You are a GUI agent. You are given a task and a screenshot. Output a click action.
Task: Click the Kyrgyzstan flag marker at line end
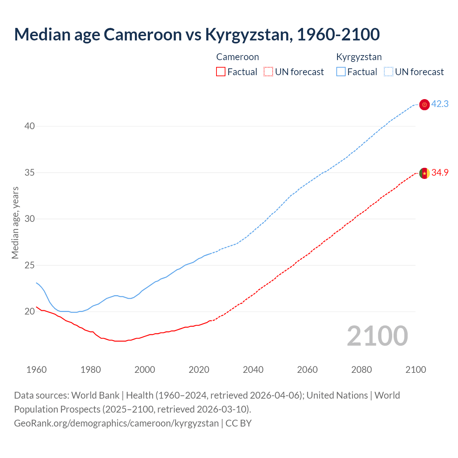point(424,104)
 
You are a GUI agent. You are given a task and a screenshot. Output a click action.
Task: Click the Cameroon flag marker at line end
point(424,173)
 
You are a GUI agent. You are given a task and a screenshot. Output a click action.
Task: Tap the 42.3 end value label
point(440,104)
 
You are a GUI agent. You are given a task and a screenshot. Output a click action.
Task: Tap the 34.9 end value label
point(440,173)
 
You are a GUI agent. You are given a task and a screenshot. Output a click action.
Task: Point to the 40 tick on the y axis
point(30,126)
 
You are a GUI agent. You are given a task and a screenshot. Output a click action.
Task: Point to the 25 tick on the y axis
point(30,265)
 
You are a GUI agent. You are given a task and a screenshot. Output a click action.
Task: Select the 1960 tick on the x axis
point(36,370)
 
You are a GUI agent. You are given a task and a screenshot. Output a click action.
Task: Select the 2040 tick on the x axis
point(253,370)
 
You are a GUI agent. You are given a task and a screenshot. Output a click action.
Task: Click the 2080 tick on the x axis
point(361,370)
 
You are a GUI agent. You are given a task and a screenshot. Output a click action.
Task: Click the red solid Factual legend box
point(221,72)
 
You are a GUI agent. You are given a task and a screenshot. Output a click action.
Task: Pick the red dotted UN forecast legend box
point(268,72)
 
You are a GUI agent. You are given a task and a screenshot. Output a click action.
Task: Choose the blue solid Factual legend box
point(341,72)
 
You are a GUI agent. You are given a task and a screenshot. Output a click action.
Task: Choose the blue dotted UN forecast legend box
point(389,72)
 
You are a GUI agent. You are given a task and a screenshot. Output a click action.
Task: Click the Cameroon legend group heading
point(238,57)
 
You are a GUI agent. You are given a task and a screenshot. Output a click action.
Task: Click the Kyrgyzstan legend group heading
point(359,57)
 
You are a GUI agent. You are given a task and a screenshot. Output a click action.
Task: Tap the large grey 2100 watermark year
point(377,336)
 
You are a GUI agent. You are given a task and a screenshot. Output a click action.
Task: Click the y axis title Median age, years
point(15,223)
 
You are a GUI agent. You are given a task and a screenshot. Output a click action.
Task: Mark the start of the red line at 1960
point(36,307)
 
